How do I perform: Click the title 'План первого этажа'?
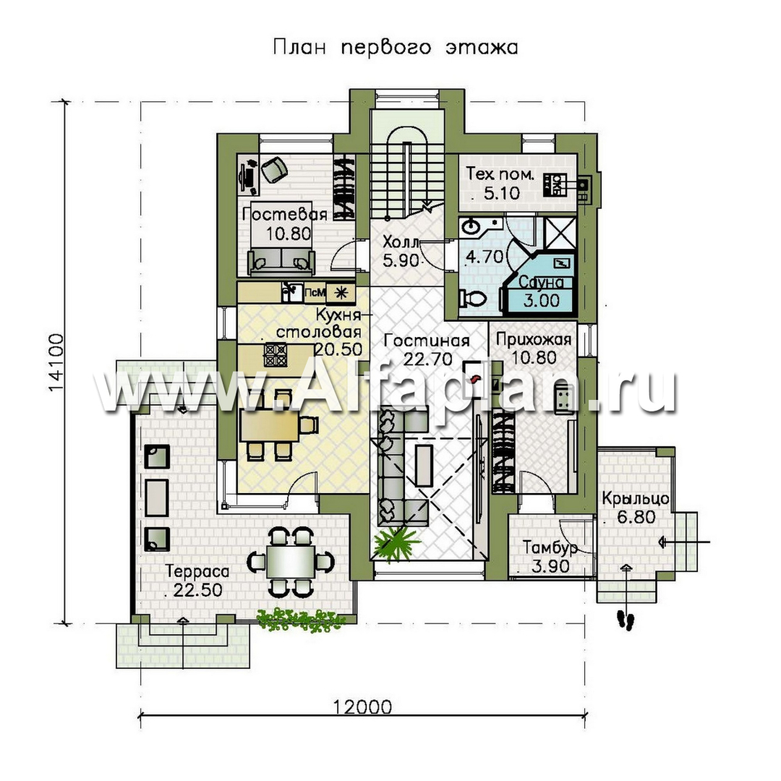tap(396, 47)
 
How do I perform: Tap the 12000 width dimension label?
tap(362, 707)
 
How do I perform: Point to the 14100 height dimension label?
tap(56, 362)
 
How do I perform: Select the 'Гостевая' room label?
tap(284, 214)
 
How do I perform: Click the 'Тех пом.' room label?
tap(500, 174)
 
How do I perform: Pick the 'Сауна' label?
tap(541, 283)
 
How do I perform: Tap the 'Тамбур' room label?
tap(550, 548)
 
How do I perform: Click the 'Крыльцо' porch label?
tap(636, 498)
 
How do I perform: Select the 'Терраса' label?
tap(197, 571)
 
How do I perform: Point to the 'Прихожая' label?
tap(534, 340)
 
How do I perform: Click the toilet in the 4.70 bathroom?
tap(473, 299)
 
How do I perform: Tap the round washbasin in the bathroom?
tap(470, 227)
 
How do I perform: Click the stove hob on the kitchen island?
tap(276, 355)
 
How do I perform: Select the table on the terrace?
tap(291, 561)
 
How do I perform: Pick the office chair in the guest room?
tap(274, 169)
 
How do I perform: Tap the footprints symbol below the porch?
tap(625, 620)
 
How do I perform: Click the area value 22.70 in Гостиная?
tap(427, 359)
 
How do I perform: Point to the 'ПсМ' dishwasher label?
tap(315, 292)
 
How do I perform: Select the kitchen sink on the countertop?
tap(292, 293)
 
